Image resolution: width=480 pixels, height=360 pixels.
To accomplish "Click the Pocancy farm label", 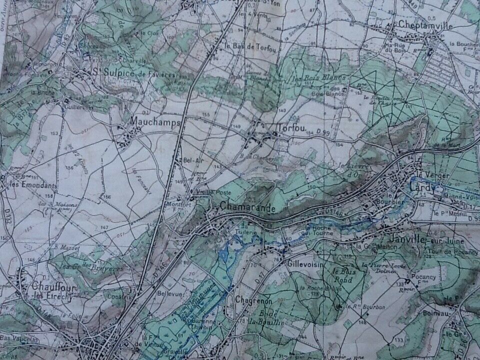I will click(x=424, y=276).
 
